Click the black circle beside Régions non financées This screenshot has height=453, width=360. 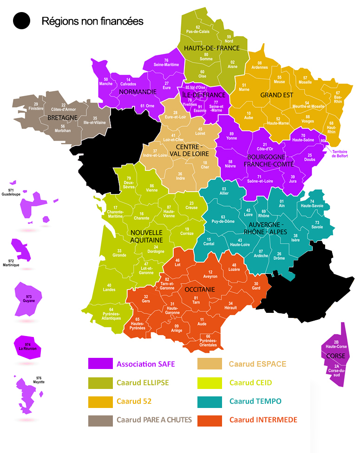[22, 21]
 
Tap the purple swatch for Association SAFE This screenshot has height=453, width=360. [100, 364]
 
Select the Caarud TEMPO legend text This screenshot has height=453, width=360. [255, 401]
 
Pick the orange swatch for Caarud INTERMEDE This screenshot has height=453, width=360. [209, 420]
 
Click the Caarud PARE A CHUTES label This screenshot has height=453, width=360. [154, 420]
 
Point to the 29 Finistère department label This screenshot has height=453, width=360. [36, 106]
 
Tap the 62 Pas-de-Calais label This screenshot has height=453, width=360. [198, 30]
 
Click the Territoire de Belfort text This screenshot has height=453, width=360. [343, 154]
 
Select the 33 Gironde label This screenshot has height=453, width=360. [119, 253]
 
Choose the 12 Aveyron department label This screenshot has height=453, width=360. [210, 274]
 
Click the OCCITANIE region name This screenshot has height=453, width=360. [200, 289]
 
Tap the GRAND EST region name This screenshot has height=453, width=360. [276, 95]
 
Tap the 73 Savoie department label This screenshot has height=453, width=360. [317, 225]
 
